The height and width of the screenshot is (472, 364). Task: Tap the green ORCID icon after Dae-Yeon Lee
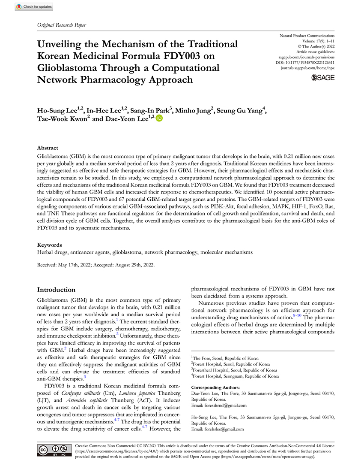click(159, 118)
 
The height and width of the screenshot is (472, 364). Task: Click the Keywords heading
click(50, 245)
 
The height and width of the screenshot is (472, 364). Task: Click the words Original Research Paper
click(62, 25)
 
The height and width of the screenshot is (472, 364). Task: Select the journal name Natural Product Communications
click(307, 35)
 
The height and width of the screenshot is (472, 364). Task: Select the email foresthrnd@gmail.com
click(227, 405)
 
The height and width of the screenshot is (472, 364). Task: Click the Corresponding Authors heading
click(215, 387)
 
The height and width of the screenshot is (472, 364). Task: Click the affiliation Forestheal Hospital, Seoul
click(235, 370)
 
